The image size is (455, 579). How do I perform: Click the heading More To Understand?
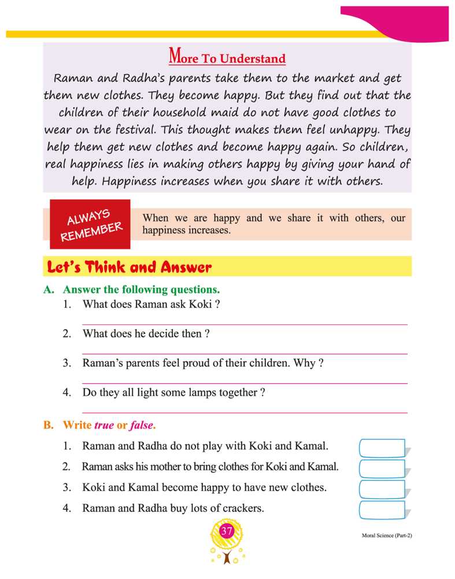227,58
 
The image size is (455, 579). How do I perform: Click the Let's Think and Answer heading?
130,267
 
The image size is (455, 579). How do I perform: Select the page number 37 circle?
227,531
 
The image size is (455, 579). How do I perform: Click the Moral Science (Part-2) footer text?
383,536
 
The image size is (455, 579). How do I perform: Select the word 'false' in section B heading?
142,425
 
